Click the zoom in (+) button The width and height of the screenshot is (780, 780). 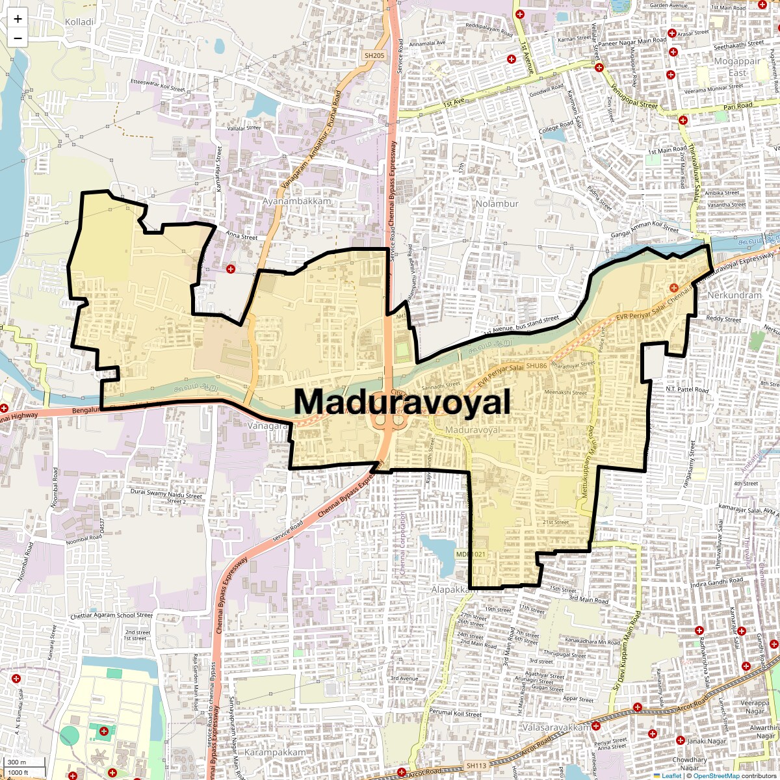[x=18, y=19]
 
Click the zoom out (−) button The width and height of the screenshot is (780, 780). [x=18, y=38]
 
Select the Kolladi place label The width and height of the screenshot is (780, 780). [x=79, y=22]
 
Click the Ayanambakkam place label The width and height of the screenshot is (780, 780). [x=296, y=201]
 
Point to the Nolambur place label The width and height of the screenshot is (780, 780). [x=497, y=203]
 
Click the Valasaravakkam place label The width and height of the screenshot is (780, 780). [x=556, y=727]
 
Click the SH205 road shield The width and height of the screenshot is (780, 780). [x=374, y=56]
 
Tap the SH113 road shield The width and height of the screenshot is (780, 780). [x=476, y=766]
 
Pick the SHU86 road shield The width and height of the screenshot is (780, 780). [x=537, y=366]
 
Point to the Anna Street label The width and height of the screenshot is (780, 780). [x=241, y=237]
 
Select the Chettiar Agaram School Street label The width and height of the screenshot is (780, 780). [x=111, y=615]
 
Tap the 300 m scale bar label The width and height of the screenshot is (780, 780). [x=17, y=762]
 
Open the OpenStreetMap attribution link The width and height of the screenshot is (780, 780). [x=716, y=775]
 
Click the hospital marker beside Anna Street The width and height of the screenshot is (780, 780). [x=230, y=268]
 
